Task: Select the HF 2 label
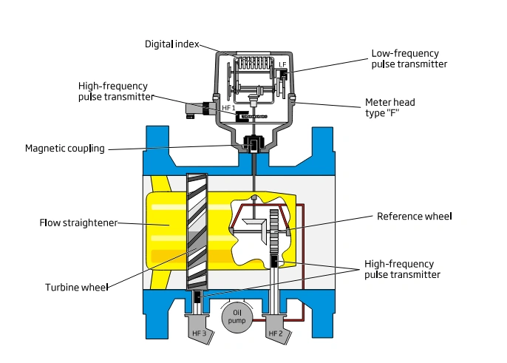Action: [275, 333]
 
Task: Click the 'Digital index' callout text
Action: [171, 44]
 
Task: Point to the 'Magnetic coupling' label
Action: [65, 148]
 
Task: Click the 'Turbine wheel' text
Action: [77, 286]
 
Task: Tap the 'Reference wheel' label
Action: [414, 217]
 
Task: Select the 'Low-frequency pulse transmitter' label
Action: [409, 59]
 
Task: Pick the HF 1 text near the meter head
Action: [228, 107]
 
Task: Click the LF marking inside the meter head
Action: [282, 65]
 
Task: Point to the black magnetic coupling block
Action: [253, 143]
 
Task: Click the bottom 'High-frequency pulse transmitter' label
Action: [402, 269]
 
